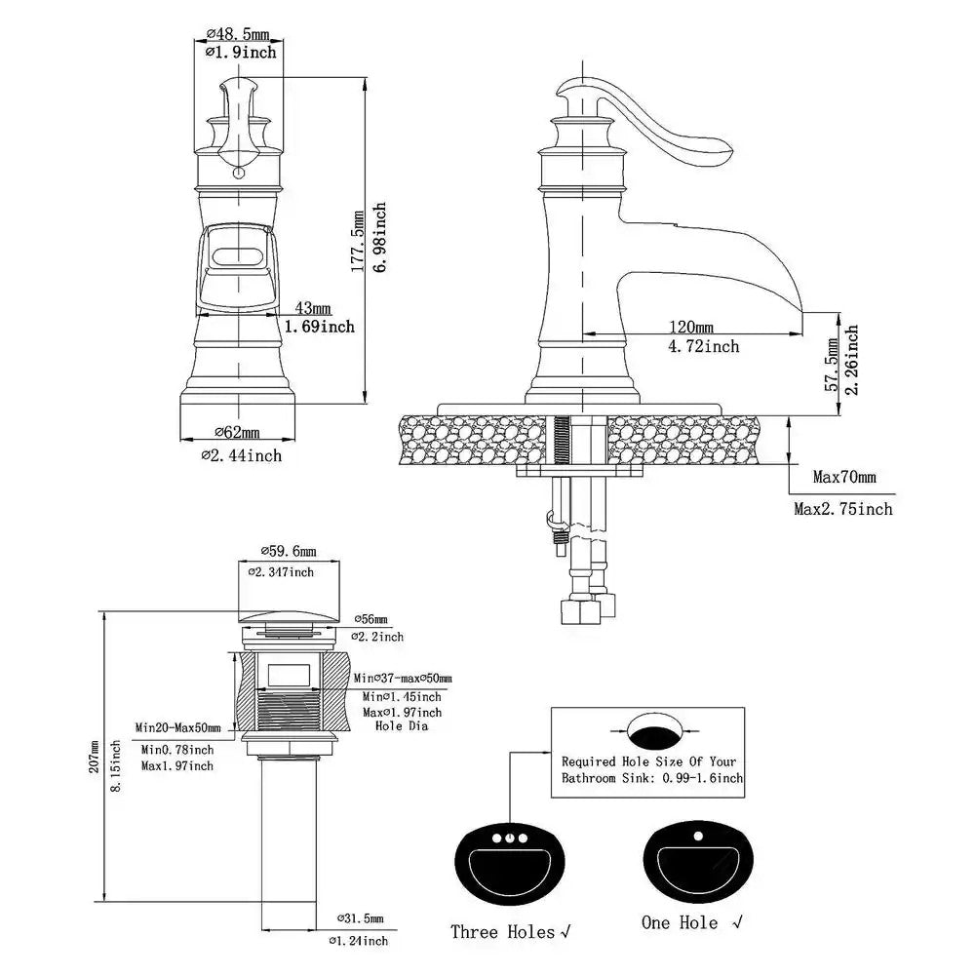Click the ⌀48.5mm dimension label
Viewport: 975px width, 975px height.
point(240,34)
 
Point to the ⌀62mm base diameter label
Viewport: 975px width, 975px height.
point(237,433)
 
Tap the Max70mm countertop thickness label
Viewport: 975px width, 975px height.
point(844,478)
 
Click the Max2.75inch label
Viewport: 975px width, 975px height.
point(842,508)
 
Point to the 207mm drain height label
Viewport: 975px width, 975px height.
point(95,757)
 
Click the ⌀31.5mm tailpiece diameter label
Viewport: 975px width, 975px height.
point(360,918)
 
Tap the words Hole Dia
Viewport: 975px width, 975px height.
point(402,725)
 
